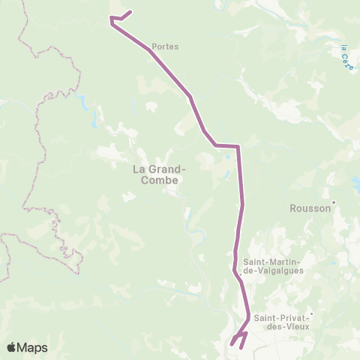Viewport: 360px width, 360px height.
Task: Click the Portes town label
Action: click(165, 46)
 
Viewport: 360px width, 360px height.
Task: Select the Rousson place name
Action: click(310, 209)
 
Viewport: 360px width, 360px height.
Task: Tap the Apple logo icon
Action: click(13, 347)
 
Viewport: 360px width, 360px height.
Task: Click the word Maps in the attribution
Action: click(34, 347)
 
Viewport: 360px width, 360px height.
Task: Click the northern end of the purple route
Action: click(132, 11)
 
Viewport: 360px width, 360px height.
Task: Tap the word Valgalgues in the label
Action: click(278, 271)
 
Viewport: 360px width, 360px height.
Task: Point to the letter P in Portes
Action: click(154, 46)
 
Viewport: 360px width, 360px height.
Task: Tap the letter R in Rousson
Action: click(294, 209)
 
